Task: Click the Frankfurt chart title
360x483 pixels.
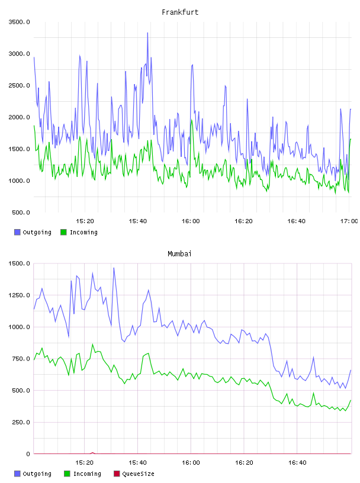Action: (x=180, y=12)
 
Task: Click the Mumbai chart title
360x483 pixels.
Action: (x=179, y=254)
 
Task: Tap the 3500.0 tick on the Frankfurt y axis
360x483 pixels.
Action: (x=19, y=22)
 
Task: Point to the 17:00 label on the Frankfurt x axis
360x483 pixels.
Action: (x=349, y=221)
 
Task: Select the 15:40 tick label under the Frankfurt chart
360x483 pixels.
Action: (x=138, y=221)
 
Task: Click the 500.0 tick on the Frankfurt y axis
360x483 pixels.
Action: (x=21, y=212)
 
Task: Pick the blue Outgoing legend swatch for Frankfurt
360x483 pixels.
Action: (x=17, y=232)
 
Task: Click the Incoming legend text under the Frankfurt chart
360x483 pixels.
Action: (x=83, y=232)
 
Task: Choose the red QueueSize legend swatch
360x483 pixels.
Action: (x=117, y=474)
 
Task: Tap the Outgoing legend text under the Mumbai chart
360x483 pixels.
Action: (x=37, y=474)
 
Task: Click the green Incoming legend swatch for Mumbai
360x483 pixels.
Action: (x=67, y=474)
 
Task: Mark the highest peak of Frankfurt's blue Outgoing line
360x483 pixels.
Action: (x=147, y=33)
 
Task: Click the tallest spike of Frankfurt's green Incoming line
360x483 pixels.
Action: (x=191, y=120)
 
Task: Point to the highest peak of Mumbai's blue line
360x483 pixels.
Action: (x=114, y=268)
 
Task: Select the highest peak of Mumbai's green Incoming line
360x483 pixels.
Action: (x=92, y=344)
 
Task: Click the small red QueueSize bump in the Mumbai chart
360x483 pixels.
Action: (x=92, y=453)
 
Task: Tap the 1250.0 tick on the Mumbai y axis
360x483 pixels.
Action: (x=19, y=295)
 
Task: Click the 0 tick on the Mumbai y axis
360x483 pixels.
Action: (x=28, y=454)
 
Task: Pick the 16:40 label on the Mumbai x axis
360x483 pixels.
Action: (x=297, y=463)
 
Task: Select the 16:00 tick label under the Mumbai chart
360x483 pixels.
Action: (x=191, y=463)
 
